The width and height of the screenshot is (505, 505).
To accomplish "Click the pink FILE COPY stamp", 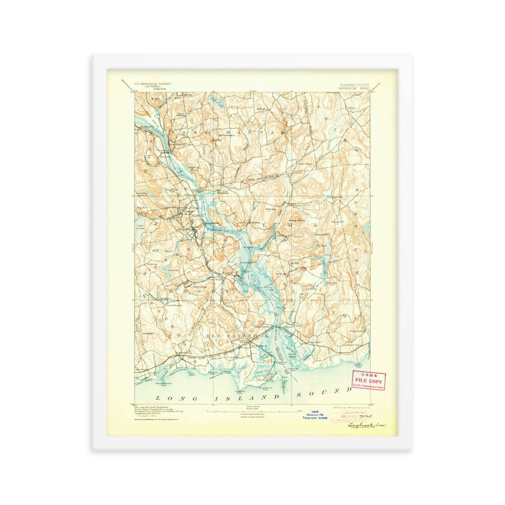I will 368,380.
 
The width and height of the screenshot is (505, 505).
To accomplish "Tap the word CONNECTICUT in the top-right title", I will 354,85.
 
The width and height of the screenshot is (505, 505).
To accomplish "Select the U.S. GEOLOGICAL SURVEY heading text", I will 153,84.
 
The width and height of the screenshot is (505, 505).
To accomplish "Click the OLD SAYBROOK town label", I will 229,335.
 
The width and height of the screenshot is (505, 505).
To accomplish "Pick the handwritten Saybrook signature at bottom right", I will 366,425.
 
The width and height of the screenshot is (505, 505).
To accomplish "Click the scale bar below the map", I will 252,412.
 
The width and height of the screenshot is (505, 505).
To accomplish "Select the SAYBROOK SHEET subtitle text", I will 355,88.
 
